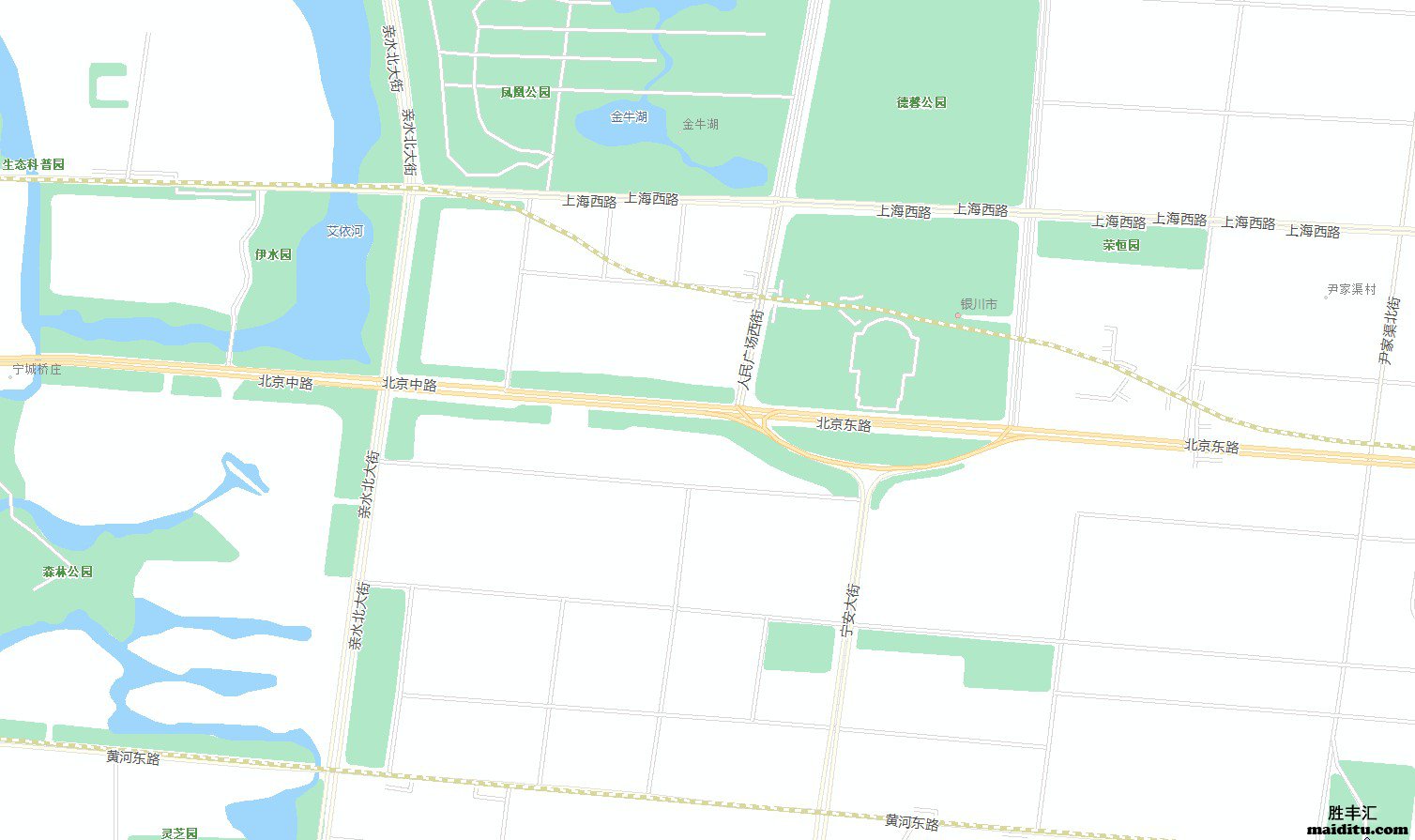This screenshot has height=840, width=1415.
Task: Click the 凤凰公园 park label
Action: click(525, 92)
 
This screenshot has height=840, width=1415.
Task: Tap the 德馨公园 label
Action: click(921, 102)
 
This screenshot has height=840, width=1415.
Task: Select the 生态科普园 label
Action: click(33, 164)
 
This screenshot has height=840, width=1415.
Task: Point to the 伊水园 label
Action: click(273, 254)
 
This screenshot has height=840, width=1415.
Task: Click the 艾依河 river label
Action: click(344, 231)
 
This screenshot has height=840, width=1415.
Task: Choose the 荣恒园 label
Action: click(1120, 245)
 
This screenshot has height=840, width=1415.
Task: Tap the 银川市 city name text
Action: click(979, 305)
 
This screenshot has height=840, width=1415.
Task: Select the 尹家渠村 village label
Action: click(1351, 290)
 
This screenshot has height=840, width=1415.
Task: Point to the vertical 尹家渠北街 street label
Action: click(1389, 330)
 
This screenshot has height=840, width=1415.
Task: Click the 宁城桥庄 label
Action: click(37, 370)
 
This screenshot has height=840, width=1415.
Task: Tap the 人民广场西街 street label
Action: click(751, 350)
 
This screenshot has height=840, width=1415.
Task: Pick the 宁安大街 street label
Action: click(850, 611)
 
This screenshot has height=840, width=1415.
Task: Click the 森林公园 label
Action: click(68, 572)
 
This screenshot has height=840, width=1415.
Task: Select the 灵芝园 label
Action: click(178, 832)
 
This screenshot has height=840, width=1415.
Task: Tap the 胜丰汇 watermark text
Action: click(1351, 813)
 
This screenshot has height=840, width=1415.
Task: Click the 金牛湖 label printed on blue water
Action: click(629, 117)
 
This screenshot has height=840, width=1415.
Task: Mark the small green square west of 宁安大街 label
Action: click(799, 647)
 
